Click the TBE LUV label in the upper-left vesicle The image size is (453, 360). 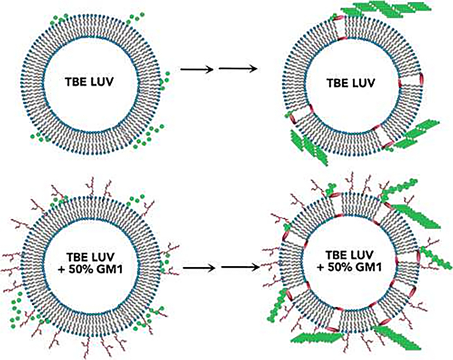(x=89, y=82)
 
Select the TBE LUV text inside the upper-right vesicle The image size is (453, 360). (x=350, y=83)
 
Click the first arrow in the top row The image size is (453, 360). (x=197, y=69)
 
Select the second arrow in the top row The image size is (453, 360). (x=238, y=69)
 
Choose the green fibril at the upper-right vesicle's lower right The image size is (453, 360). (x=414, y=133)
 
